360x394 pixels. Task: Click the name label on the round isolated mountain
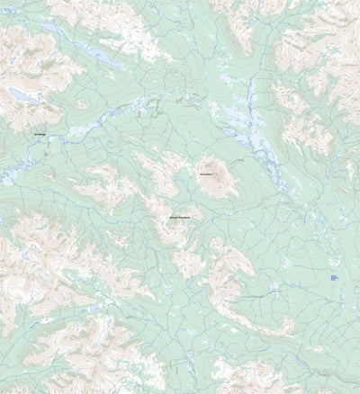206,173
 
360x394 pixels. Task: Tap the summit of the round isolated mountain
215,180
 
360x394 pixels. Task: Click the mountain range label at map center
178,218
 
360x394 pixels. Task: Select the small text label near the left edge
40,135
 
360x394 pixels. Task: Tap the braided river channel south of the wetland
265,162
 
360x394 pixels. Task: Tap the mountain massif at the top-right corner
315,36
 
